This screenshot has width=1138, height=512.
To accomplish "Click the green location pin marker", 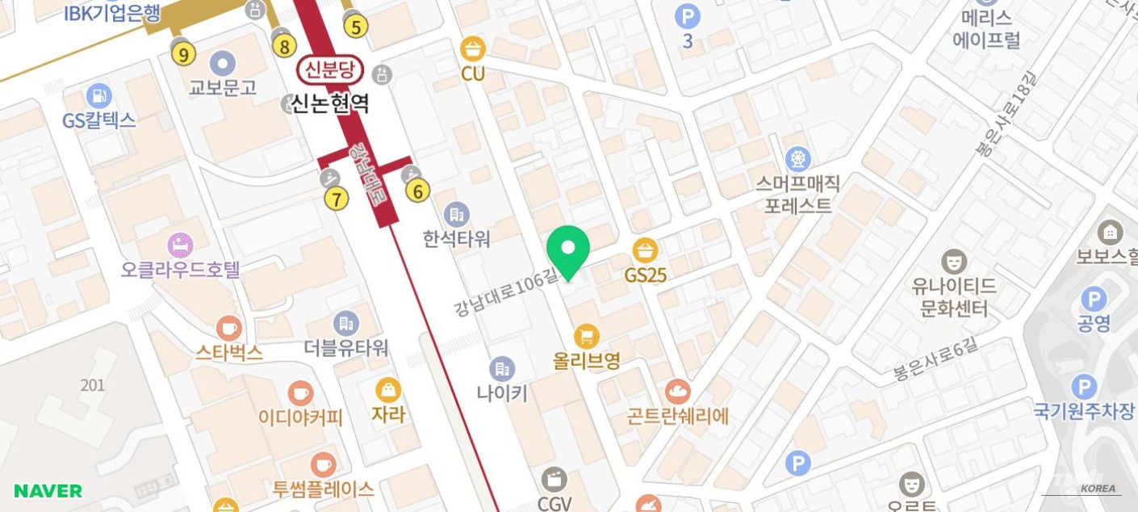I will click(568, 249).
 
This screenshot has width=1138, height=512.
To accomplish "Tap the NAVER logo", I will click(48, 491).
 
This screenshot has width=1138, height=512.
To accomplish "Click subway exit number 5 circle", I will click(355, 27).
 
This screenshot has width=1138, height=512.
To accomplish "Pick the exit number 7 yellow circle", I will click(337, 198).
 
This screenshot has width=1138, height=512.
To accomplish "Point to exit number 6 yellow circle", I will click(417, 191).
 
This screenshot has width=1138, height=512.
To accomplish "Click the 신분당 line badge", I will click(331, 70).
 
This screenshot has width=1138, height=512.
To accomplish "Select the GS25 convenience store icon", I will click(645, 250).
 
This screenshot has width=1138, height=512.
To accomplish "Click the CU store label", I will click(473, 74).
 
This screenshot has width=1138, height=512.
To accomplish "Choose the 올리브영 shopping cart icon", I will click(587, 336).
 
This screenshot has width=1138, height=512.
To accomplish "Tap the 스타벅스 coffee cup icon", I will click(228, 329).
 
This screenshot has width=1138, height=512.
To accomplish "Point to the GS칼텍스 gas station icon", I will click(98, 95).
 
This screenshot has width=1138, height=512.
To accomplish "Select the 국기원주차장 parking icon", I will click(1084, 387).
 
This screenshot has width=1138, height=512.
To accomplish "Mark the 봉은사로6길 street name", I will click(935, 360).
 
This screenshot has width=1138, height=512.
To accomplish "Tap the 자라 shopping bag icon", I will click(388, 390).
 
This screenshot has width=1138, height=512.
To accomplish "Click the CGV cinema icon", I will click(554, 480).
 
